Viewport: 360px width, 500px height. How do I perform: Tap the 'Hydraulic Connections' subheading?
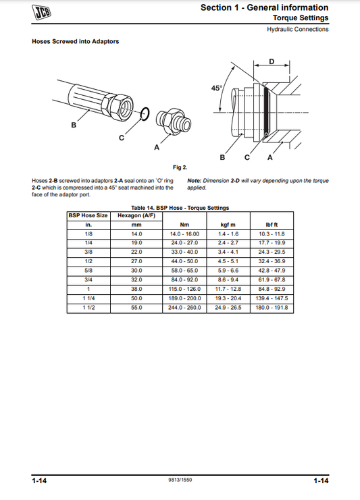(298, 29)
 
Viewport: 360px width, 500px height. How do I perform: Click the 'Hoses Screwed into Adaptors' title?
(76, 42)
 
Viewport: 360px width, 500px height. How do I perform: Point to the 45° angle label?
(216, 88)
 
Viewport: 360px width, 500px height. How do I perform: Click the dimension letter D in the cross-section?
(272, 61)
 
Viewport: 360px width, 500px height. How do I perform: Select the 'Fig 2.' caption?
(180, 167)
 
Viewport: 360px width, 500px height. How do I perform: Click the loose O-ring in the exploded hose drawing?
(143, 114)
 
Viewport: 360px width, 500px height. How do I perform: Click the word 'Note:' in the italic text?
(194, 181)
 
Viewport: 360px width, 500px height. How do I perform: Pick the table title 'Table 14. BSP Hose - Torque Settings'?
(180, 208)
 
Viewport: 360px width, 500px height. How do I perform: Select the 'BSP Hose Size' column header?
(88, 215)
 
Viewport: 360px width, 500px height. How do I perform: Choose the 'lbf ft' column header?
(272, 224)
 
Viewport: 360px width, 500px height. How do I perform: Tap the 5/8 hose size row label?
(88, 270)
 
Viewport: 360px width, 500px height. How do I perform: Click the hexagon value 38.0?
(136, 289)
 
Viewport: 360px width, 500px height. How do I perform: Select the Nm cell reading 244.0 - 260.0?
(184, 308)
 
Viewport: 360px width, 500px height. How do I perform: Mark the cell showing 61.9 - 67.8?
(272, 279)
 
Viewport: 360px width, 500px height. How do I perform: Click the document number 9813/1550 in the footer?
(180, 480)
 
